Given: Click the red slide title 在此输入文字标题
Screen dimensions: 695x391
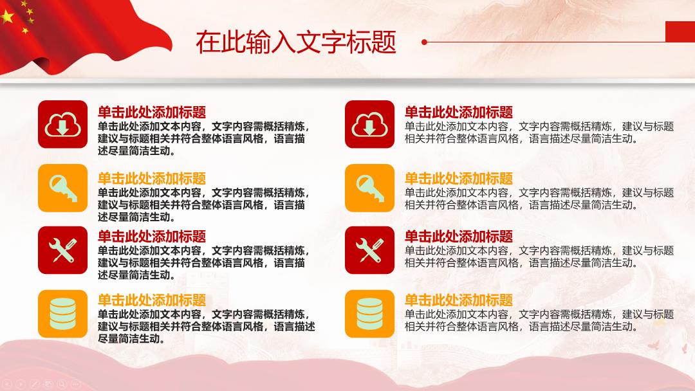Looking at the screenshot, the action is [295, 42].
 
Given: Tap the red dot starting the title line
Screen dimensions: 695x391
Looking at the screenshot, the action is [424, 42].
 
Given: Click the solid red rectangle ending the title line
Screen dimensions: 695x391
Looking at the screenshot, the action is [680, 32].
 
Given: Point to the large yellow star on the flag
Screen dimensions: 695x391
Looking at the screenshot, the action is [7, 17].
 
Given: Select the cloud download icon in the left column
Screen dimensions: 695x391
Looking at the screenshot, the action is [62, 124].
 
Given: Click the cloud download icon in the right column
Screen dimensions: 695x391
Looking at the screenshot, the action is [369, 124].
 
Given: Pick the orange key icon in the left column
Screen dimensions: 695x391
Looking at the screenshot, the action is [62, 188].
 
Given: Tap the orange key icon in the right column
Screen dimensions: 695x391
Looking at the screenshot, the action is [369, 188].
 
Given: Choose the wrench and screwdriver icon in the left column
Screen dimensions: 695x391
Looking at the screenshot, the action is [62, 250].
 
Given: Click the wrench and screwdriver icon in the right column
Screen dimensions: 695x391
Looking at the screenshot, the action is [369, 250].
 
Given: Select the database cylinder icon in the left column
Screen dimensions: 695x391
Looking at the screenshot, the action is [62, 314].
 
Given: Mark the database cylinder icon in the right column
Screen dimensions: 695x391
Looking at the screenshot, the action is [369, 314].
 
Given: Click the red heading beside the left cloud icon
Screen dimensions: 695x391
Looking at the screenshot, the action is [152, 112].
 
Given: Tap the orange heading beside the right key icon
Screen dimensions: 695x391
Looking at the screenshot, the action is [459, 178].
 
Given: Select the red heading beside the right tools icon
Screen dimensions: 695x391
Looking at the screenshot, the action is [459, 237].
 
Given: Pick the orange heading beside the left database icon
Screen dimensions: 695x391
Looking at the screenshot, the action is [152, 300].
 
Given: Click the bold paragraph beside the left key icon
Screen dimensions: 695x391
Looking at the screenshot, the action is [203, 205].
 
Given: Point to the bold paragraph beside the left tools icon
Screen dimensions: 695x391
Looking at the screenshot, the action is [203, 262].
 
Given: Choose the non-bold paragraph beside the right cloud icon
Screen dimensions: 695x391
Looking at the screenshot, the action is [539, 132].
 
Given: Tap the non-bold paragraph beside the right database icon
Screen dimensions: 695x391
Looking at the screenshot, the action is [539, 321].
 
